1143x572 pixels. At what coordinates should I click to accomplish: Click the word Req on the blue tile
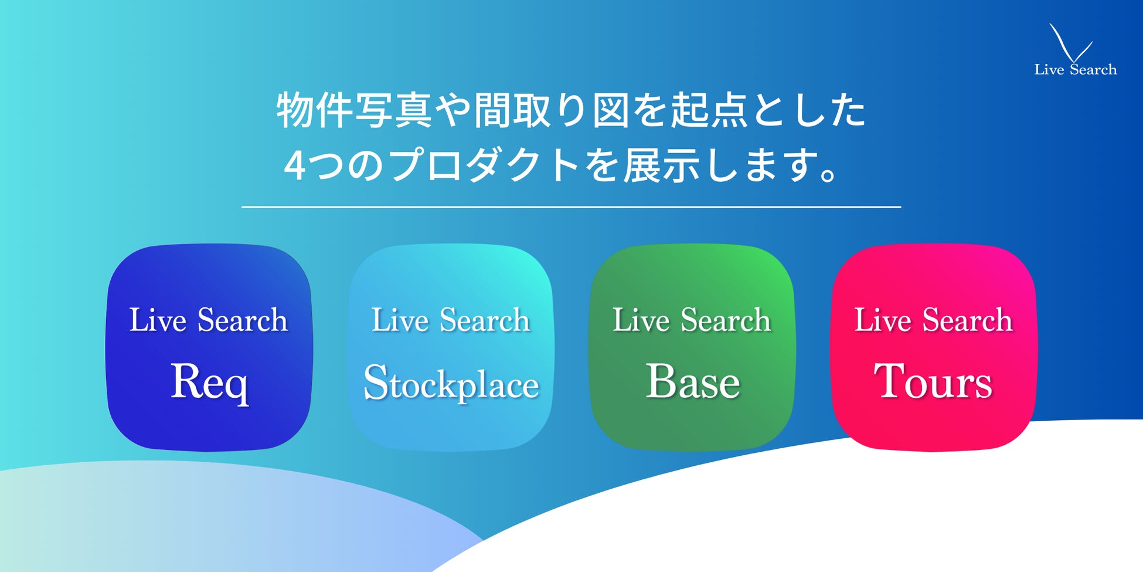point(209,383)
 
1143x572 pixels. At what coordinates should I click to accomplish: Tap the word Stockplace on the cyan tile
point(451,383)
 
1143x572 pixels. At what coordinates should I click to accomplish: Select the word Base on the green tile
point(693,381)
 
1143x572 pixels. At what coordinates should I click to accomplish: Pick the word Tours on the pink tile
point(933,381)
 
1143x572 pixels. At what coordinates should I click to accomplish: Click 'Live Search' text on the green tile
point(692,320)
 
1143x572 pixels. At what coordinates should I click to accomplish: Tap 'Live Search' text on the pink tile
point(933,320)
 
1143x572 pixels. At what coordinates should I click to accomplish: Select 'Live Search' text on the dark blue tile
point(209,320)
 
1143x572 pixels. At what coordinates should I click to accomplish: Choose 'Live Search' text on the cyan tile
point(451,320)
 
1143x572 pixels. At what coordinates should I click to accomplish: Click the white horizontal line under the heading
point(571,207)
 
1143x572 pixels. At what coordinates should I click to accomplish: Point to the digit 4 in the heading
point(294,165)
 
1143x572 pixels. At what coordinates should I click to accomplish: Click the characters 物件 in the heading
point(314,110)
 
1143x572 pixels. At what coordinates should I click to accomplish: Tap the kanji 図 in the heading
point(611,110)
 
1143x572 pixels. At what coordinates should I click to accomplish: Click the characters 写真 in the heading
point(393,110)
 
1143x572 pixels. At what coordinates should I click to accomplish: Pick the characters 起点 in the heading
point(709,110)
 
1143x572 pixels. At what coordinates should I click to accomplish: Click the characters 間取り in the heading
point(532,110)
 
